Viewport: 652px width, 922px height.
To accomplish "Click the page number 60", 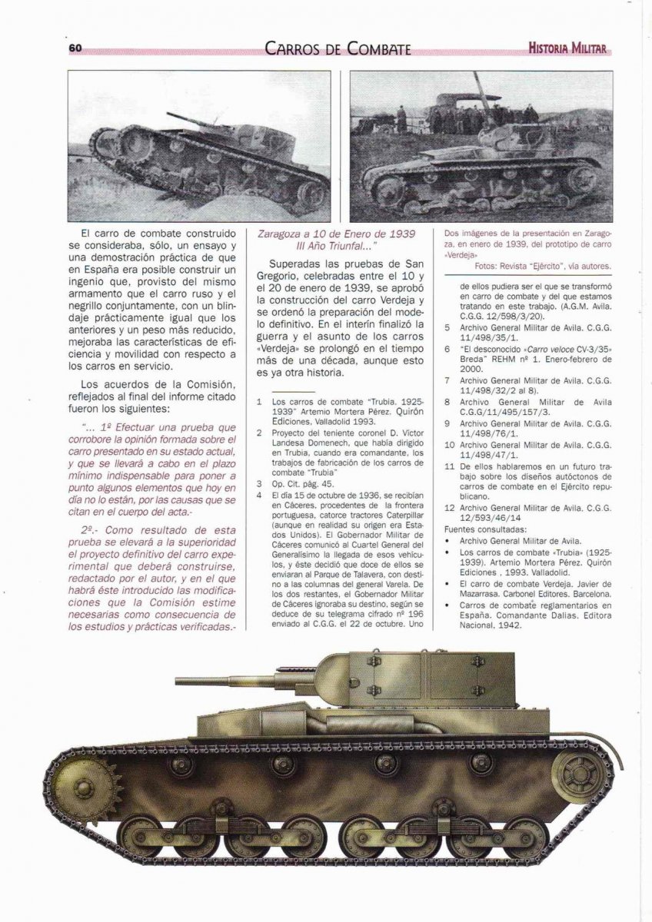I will [x=75, y=48].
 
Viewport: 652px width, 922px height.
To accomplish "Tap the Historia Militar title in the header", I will [x=567, y=48].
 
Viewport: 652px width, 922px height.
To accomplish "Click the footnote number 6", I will [x=447, y=348].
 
